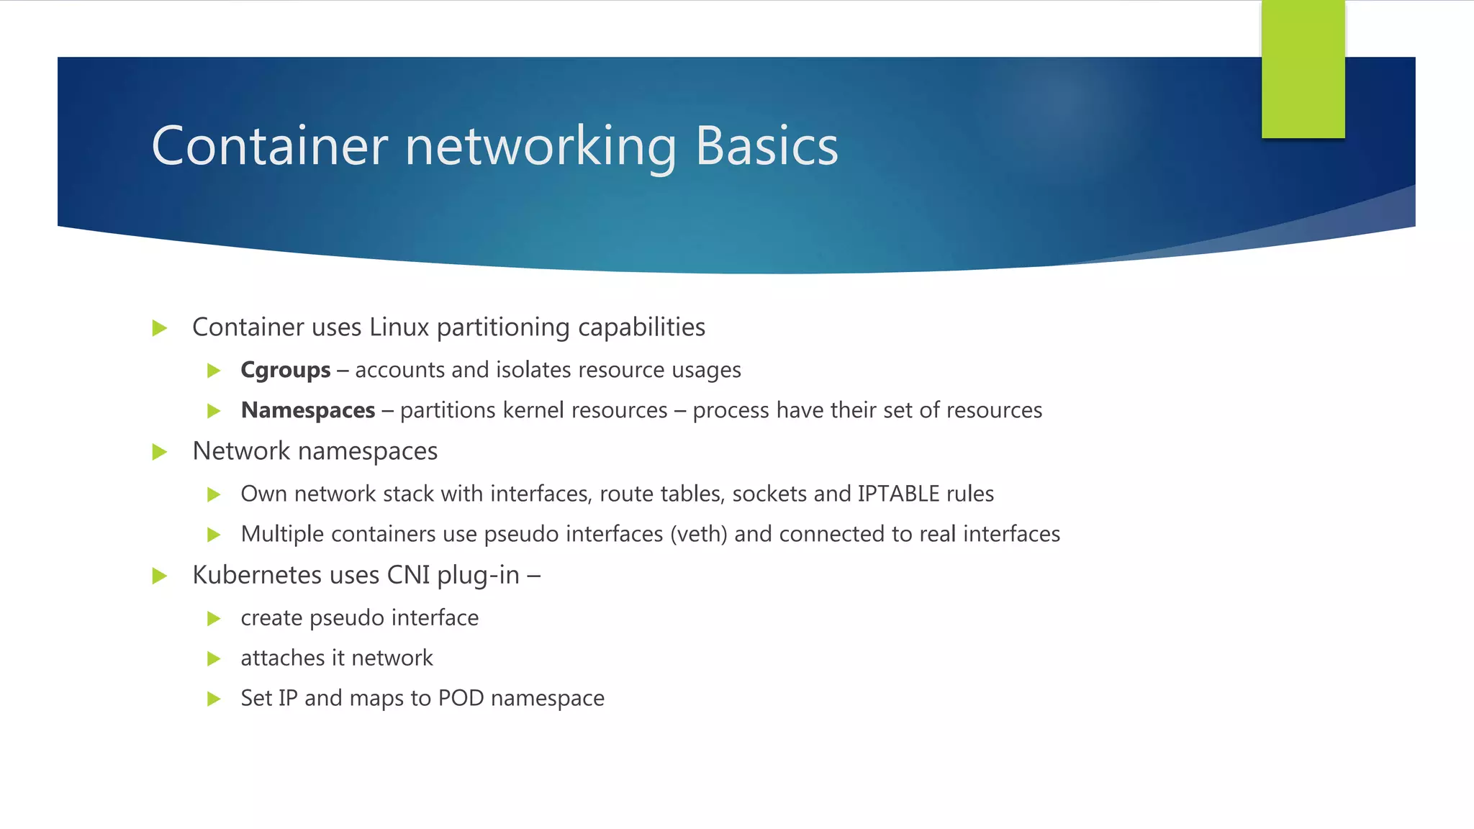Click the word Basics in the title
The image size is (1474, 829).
pos(767,146)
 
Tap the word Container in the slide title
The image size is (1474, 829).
pos(269,146)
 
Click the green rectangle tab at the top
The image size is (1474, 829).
pos(1303,69)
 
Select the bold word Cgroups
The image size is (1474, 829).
pos(285,370)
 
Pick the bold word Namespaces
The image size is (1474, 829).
pos(308,410)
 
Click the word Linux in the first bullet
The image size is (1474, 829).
pos(399,327)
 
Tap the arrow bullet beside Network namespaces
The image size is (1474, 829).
pos(160,452)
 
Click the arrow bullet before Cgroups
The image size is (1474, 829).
pos(214,371)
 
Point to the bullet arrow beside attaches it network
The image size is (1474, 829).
pos(214,658)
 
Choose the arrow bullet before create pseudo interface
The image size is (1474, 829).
pos(214,618)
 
